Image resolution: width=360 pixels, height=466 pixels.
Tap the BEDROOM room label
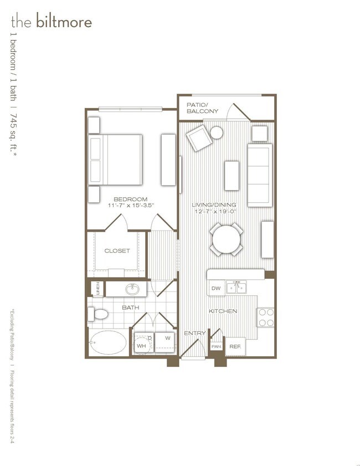coord(130,199)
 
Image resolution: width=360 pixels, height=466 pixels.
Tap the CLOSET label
coord(117,251)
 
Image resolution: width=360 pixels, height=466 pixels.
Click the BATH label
coord(131,307)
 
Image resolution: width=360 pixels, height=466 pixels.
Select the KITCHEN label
coord(223,311)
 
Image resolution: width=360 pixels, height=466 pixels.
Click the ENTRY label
coord(195,333)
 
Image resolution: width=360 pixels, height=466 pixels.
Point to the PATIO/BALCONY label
coord(202,107)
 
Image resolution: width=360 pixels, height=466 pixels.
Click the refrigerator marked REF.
coord(235,346)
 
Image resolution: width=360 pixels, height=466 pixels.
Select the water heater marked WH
coord(141,345)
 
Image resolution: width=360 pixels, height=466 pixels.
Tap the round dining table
coord(227,239)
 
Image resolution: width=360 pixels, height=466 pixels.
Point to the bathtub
coord(109,344)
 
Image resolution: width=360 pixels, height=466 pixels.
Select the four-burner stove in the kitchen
coord(266,317)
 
